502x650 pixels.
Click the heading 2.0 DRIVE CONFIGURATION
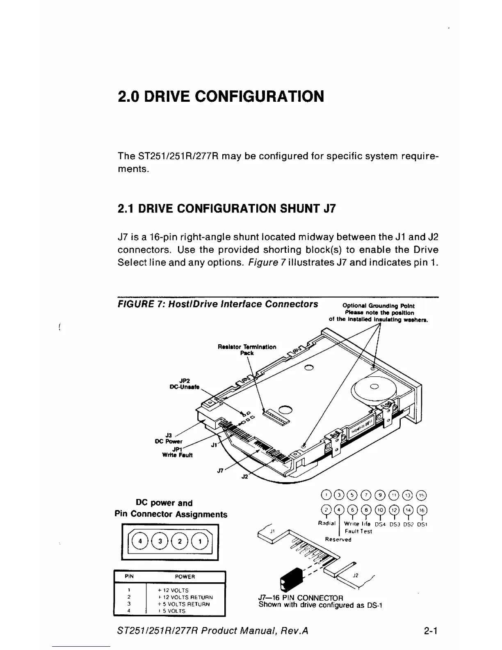(221, 97)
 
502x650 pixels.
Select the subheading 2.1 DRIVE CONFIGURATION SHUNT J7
(226, 208)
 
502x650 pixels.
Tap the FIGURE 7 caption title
(218, 304)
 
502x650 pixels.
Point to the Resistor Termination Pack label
(247, 350)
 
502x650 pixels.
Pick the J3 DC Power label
(168, 438)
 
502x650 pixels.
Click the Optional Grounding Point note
(378, 312)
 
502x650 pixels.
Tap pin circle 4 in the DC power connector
(141, 541)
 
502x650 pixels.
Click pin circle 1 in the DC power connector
(200, 541)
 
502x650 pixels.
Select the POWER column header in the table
(185, 577)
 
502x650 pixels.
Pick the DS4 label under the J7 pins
(381, 524)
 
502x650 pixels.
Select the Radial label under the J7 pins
(327, 524)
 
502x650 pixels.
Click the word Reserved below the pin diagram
(338, 539)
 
